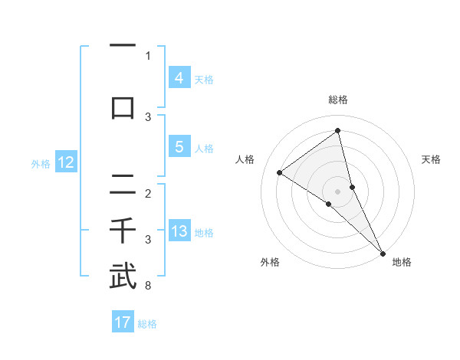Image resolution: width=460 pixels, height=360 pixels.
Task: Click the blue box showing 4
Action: [x=179, y=78]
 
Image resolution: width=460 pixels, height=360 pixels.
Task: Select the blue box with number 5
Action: [x=179, y=147]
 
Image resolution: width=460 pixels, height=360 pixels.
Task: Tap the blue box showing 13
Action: [x=179, y=232]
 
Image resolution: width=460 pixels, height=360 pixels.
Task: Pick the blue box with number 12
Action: [x=66, y=162]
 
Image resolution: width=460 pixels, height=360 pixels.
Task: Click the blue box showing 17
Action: [x=123, y=322]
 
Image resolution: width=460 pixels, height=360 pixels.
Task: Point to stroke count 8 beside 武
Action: [x=148, y=286]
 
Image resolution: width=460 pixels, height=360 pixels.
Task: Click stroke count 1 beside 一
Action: [x=148, y=55]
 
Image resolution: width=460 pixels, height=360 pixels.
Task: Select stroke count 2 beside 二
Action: [x=148, y=193]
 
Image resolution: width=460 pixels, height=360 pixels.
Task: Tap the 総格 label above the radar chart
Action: [x=338, y=100]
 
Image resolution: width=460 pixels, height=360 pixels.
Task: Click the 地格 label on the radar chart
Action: [x=402, y=262]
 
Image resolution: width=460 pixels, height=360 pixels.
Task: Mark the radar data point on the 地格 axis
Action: [x=383, y=252]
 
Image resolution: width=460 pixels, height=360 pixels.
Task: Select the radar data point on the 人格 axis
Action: [x=279, y=172]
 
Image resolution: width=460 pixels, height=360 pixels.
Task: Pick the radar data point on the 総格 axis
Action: [x=338, y=130]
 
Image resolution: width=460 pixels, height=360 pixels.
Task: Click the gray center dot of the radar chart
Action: [x=338, y=191]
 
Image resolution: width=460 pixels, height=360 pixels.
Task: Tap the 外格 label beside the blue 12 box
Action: [x=40, y=163]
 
